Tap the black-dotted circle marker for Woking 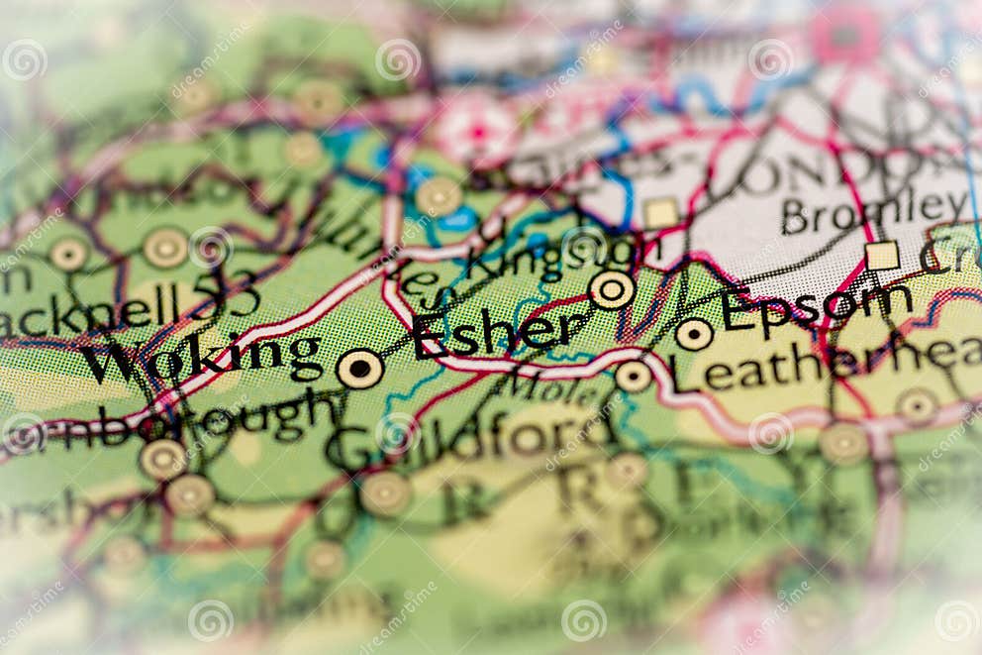(359, 369)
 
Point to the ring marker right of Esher (612, 289)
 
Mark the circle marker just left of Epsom (694, 334)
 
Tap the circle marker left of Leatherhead (634, 376)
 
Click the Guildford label (465, 436)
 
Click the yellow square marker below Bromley (882, 256)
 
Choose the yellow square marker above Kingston (660, 212)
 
